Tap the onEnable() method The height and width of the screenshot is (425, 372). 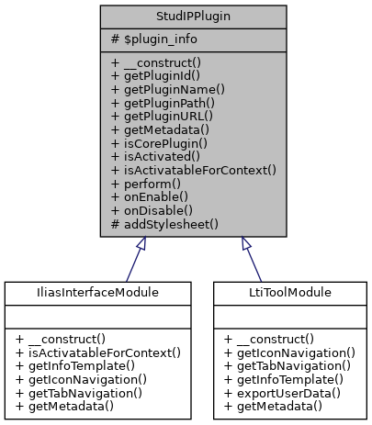pos(150,196)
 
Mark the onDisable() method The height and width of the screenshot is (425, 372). pos(152,209)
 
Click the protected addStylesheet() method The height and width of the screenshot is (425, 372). pos(164,223)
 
